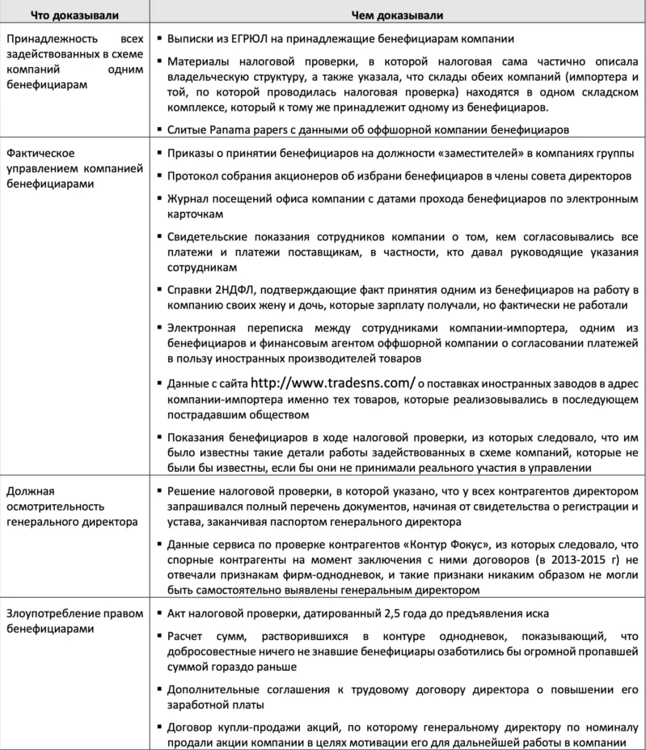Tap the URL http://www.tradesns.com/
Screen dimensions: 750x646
pos(333,383)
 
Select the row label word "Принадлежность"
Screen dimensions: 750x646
pos(50,39)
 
